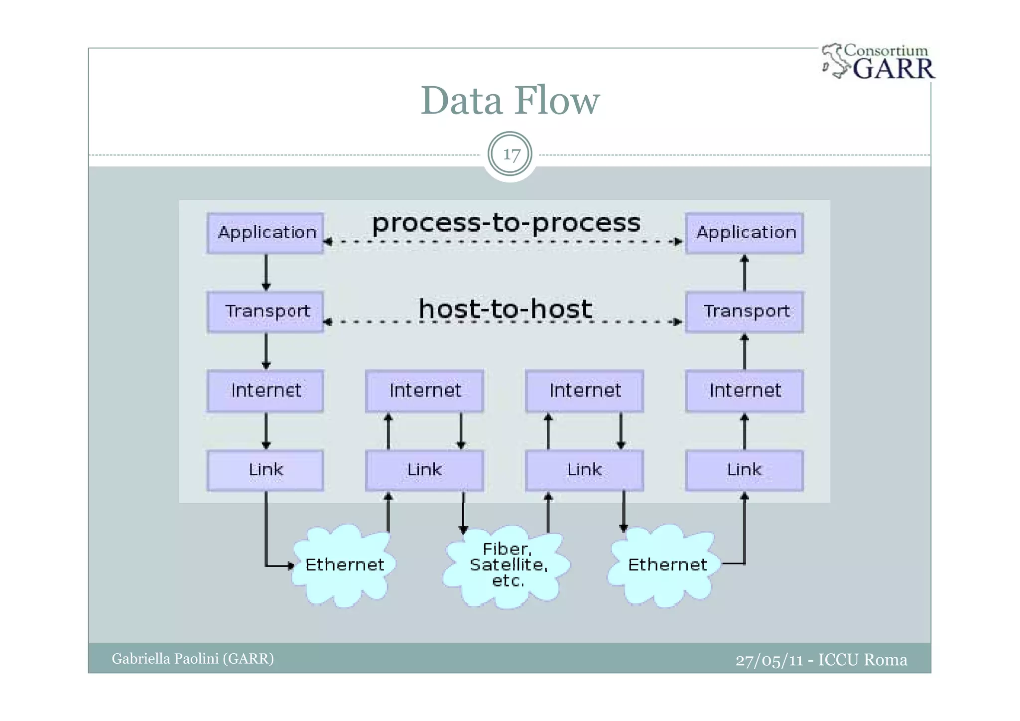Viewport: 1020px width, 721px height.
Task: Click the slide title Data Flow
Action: (510, 101)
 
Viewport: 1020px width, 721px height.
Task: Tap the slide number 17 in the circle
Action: (510, 154)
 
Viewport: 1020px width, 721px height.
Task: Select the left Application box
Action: (265, 233)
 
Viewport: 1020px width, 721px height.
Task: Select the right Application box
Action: (744, 233)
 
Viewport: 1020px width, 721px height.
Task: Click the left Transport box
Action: (265, 312)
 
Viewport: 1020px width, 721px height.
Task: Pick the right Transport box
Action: (744, 312)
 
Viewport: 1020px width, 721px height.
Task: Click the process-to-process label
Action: (506, 223)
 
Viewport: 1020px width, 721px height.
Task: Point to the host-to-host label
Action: (506, 309)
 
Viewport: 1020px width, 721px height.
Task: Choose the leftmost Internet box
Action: (265, 391)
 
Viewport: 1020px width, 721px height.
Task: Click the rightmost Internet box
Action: (744, 391)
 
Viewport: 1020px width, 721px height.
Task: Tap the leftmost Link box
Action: (265, 470)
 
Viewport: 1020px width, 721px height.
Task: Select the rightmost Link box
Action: (744, 470)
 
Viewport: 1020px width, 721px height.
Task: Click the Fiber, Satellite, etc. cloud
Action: (507, 566)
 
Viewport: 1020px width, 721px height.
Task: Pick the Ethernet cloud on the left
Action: (344, 566)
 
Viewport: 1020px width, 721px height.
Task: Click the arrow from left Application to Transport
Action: (266, 272)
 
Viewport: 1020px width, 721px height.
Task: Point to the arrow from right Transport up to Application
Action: (745, 273)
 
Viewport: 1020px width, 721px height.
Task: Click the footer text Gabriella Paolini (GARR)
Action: (193, 659)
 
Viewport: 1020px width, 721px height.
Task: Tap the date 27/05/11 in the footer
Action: (769, 660)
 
